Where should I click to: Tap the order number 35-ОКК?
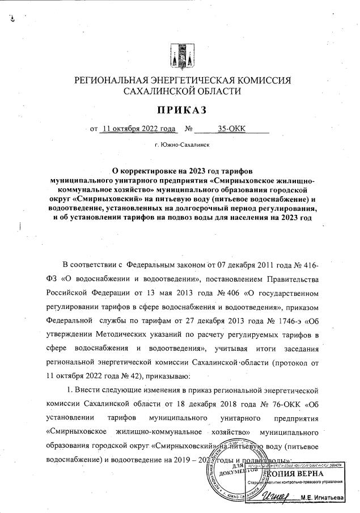239,129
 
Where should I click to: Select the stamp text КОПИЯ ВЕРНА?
295,473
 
